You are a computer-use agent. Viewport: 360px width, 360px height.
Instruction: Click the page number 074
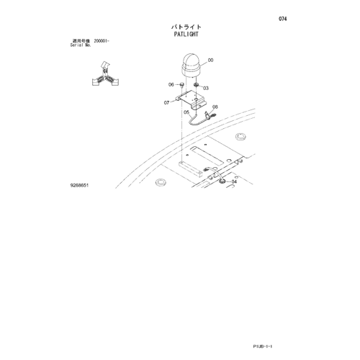[x=282, y=19]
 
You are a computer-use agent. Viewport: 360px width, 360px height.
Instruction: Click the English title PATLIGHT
[x=186, y=34]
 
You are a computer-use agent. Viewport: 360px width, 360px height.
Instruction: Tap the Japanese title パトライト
[x=186, y=27]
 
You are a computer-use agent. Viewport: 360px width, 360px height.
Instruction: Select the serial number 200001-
[x=102, y=41]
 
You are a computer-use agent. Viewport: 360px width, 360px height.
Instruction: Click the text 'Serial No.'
[x=81, y=45]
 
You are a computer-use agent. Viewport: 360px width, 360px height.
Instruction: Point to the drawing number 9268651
[x=79, y=185]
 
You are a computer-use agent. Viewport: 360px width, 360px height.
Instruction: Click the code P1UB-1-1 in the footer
[x=263, y=346]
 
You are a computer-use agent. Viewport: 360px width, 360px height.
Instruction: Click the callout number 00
[x=210, y=60]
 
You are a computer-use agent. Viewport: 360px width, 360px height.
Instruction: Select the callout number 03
[x=206, y=88]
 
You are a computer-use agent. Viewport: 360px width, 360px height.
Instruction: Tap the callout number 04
[x=234, y=181]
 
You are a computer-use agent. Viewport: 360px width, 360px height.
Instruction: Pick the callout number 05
[x=186, y=112]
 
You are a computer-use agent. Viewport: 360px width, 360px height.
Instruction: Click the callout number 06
[x=171, y=84]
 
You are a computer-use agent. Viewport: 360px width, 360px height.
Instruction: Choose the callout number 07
[x=166, y=103]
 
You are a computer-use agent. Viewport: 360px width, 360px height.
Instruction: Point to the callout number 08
[x=215, y=107]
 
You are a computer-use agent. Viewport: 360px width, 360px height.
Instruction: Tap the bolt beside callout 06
[x=182, y=84]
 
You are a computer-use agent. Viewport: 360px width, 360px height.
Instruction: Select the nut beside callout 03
[x=197, y=85]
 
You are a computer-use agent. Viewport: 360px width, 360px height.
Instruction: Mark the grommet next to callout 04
[x=222, y=181]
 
